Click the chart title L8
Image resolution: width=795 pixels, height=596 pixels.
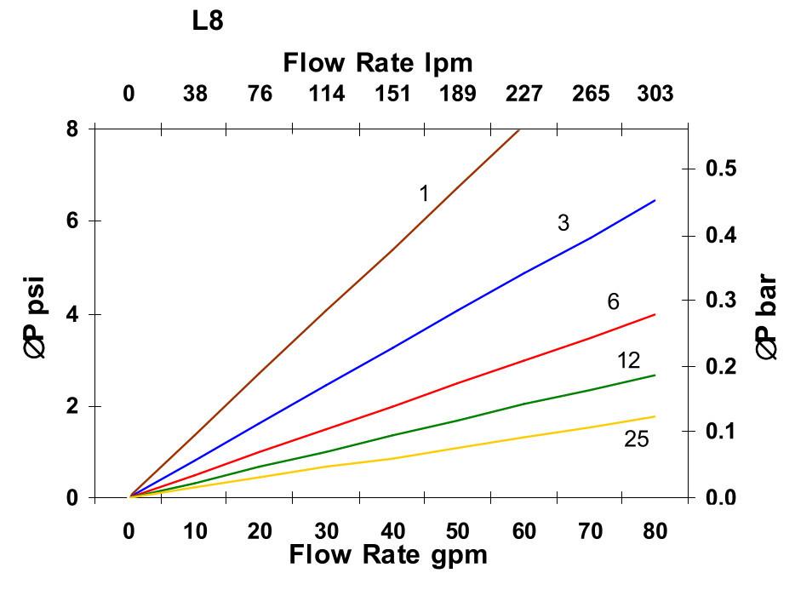[x=208, y=21]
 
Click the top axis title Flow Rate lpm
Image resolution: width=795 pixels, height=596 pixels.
[x=377, y=63]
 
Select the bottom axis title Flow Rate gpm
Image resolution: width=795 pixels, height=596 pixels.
[x=388, y=555]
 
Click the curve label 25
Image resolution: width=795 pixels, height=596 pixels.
[x=636, y=439]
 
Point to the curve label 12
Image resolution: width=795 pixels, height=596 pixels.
[x=628, y=361]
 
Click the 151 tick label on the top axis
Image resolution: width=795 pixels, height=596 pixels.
[x=392, y=94]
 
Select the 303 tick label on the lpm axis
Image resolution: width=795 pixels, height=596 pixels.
[x=655, y=94]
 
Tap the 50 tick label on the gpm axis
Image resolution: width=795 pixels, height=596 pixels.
[x=457, y=531]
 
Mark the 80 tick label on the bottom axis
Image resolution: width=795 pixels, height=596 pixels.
[x=655, y=531]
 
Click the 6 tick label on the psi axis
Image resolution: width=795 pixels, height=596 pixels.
[x=72, y=221]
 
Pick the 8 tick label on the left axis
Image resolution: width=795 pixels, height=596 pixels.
[x=72, y=129]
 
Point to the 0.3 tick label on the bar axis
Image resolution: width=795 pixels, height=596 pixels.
[x=722, y=301]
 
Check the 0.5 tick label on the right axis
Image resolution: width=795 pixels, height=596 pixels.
[x=722, y=169]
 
